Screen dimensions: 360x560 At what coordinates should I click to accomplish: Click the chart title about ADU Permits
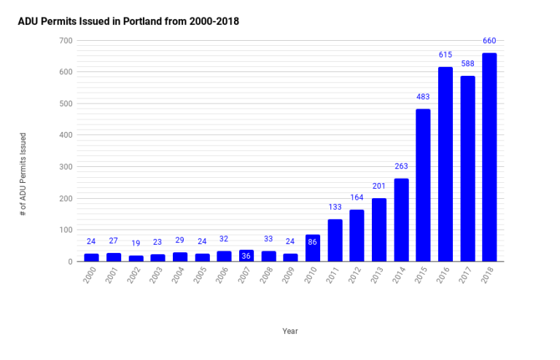pyautogui.click(x=128, y=22)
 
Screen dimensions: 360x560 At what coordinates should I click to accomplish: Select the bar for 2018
pyautogui.click(x=489, y=157)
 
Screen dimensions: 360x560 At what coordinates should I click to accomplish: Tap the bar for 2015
pyautogui.click(x=423, y=185)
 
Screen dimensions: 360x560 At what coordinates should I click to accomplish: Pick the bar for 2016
pyautogui.click(x=445, y=164)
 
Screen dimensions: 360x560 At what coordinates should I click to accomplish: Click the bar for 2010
pyautogui.click(x=312, y=248)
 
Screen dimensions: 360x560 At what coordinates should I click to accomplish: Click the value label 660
pyautogui.click(x=489, y=41)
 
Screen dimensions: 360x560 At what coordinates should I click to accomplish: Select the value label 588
pyautogui.click(x=467, y=63)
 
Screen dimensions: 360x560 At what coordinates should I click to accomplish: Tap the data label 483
pyautogui.click(x=423, y=97)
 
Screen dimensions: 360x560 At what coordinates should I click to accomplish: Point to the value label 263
pyautogui.click(x=401, y=166)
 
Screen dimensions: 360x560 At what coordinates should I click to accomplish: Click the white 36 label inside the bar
pyautogui.click(x=246, y=255)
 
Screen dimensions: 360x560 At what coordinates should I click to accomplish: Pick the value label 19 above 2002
pyautogui.click(x=136, y=243)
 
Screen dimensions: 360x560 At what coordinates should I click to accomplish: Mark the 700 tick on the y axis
pyautogui.click(x=65, y=40)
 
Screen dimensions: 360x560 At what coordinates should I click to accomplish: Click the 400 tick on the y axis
pyautogui.click(x=65, y=135)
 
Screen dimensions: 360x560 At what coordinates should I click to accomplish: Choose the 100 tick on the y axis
pyautogui.click(x=65, y=230)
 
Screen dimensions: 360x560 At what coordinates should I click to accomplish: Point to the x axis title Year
pyautogui.click(x=290, y=331)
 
